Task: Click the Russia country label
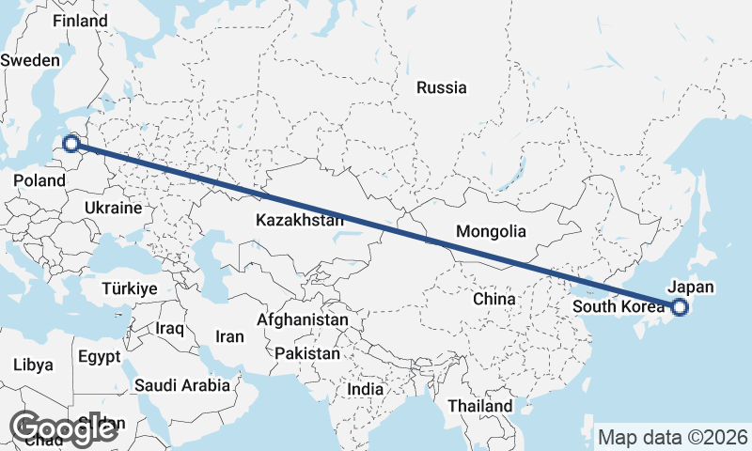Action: pyautogui.click(x=441, y=88)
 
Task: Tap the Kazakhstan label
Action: pyautogui.click(x=299, y=221)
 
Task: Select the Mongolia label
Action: pyautogui.click(x=491, y=231)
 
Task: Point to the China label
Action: pyautogui.click(x=494, y=299)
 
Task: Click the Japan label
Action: pyautogui.click(x=691, y=288)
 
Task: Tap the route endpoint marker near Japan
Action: pyautogui.click(x=680, y=306)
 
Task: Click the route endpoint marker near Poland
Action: pyautogui.click(x=70, y=144)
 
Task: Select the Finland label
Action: pyautogui.click(x=80, y=21)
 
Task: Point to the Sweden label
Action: pyautogui.click(x=30, y=59)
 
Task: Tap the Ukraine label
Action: pyautogui.click(x=113, y=208)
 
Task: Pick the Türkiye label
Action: pyautogui.click(x=131, y=288)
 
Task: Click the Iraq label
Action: pyautogui.click(x=171, y=328)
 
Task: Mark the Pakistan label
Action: pyautogui.click(x=307, y=354)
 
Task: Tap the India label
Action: pyautogui.click(x=365, y=389)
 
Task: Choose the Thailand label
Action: pyautogui.click(x=480, y=406)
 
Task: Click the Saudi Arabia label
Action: pyautogui.click(x=182, y=385)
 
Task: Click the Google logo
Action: pyautogui.click(x=63, y=428)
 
